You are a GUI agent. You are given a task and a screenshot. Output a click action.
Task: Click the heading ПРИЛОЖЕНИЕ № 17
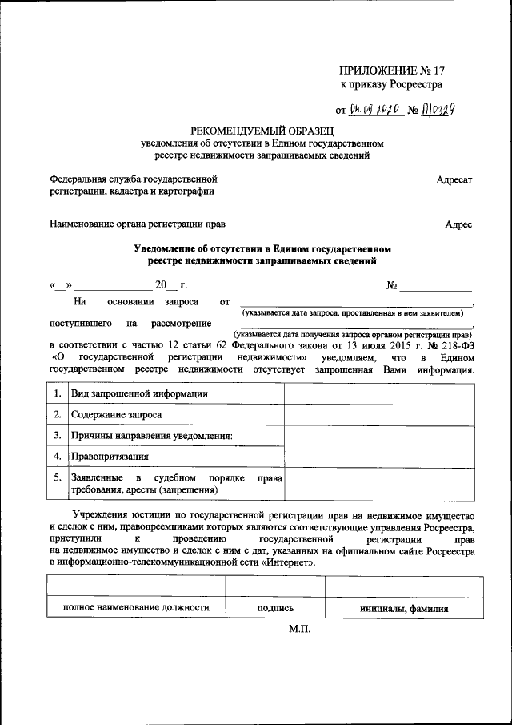(391, 70)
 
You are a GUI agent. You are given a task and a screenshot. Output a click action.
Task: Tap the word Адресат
(454, 180)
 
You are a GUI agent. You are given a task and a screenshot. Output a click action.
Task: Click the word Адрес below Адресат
(458, 225)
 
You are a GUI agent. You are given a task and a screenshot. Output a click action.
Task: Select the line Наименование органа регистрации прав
(138, 225)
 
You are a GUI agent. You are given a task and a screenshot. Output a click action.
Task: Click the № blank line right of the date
(435, 286)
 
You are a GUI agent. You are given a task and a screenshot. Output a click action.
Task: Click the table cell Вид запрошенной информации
(139, 393)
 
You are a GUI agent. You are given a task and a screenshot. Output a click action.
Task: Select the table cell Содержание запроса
(116, 415)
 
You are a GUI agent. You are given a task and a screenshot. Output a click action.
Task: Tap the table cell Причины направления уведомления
(151, 437)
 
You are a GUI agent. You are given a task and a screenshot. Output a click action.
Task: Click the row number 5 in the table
(57, 477)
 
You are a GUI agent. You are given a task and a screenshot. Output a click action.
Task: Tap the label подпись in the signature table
(276, 608)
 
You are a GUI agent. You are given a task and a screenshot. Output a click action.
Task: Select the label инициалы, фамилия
(403, 608)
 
